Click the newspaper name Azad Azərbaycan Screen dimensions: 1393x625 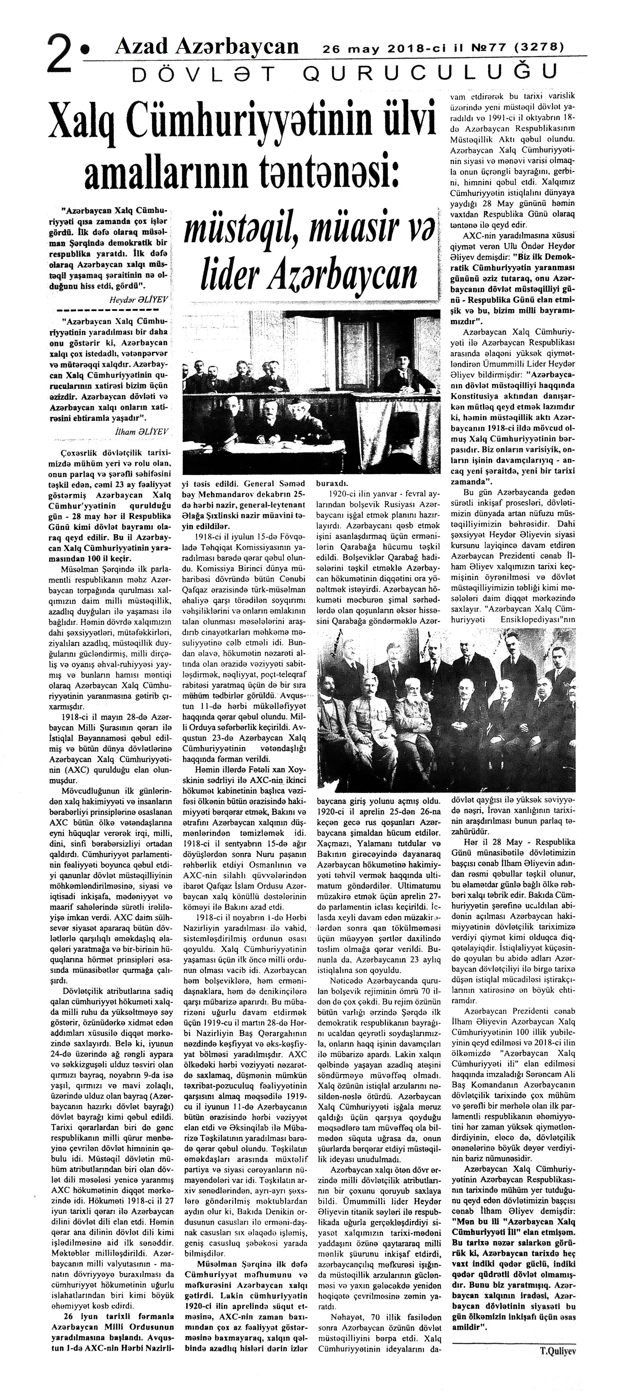point(207,46)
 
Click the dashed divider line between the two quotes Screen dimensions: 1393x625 point(108,310)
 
